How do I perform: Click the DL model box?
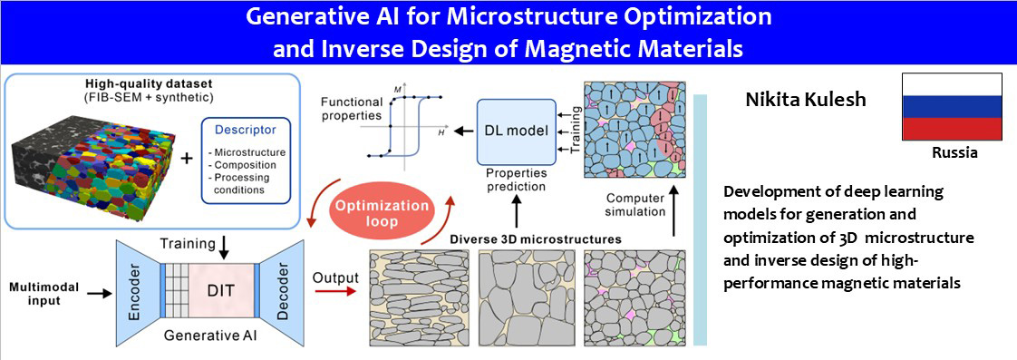point(517,131)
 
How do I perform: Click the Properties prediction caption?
point(517,180)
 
